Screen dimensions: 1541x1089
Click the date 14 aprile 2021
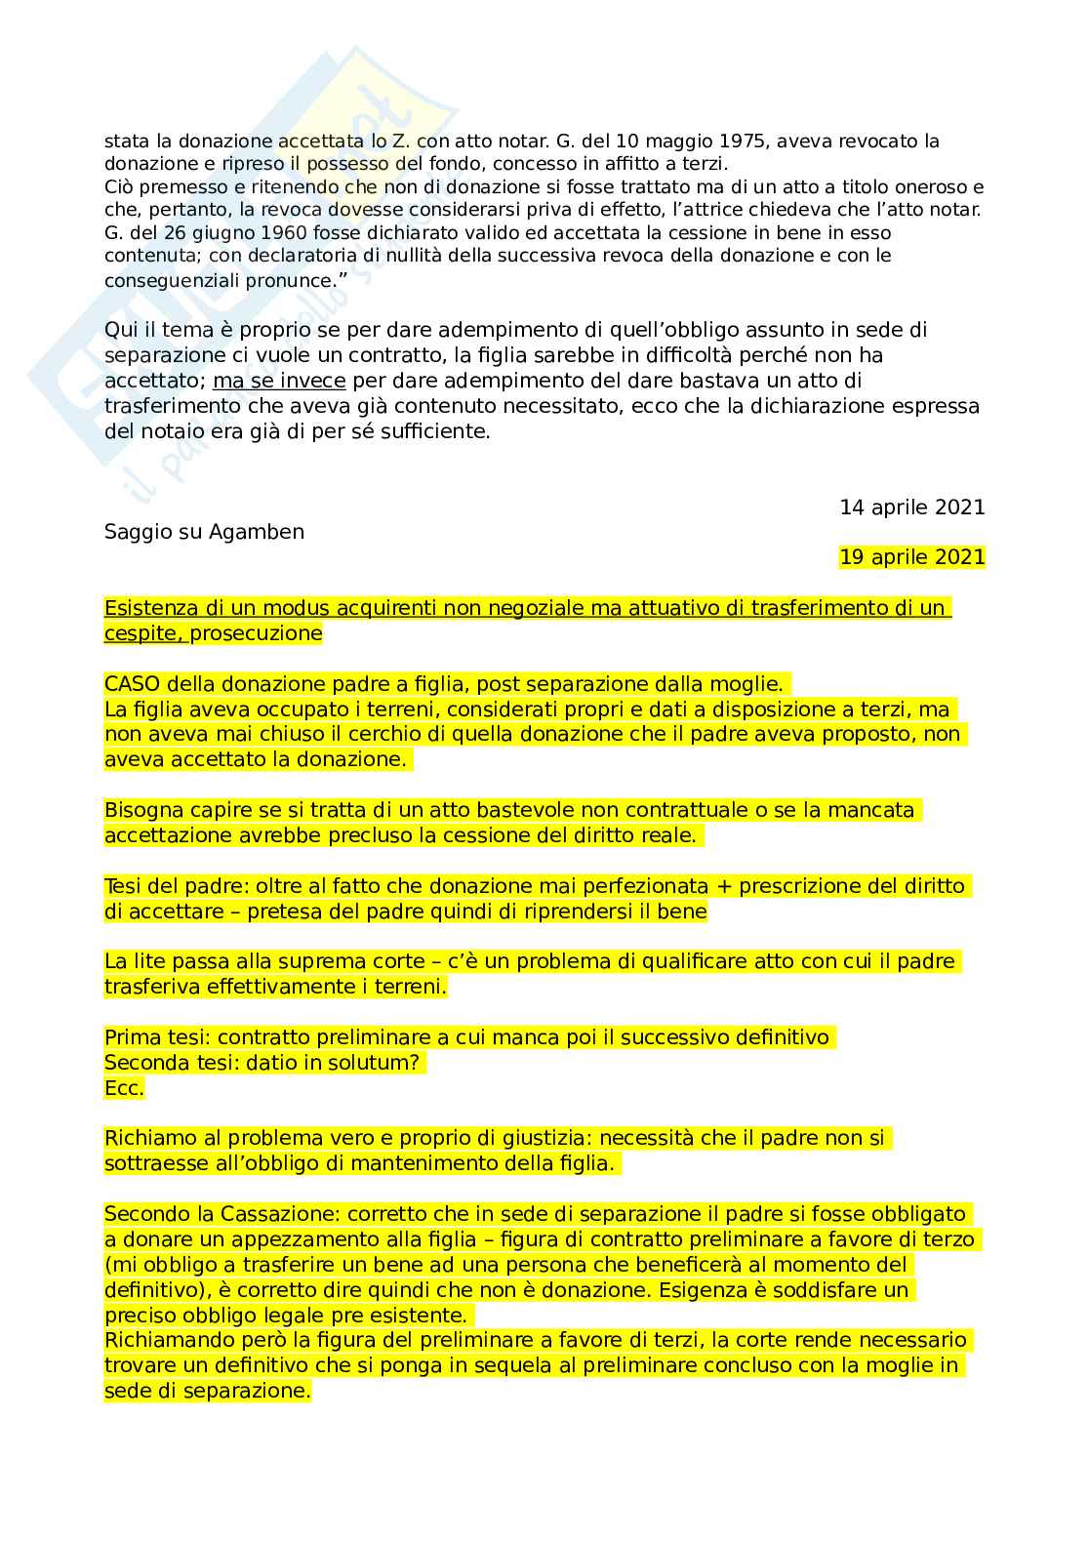tap(911, 507)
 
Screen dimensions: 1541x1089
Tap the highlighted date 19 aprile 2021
tap(911, 557)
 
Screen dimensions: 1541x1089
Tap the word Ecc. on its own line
tap(124, 1088)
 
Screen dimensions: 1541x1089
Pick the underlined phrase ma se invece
tap(278, 381)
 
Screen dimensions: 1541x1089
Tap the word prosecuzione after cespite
tap(256, 633)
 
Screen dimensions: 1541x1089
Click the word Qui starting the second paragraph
tap(120, 330)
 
